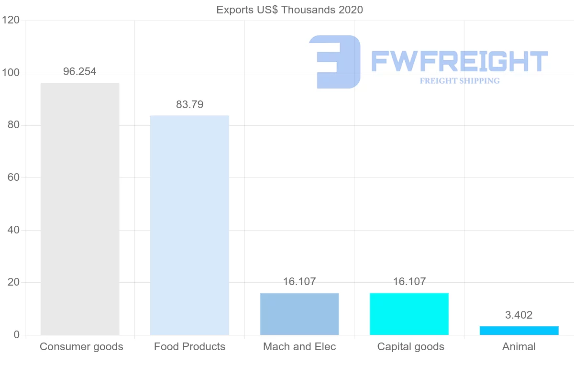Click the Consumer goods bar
tap(80, 209)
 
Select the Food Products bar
tap(189, 225)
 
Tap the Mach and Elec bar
tap(299, 314)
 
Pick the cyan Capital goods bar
tap(409, 314)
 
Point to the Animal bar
tap(519, 331)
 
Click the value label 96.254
tap(80, 72)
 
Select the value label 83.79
tap(189, 104)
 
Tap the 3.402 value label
tap(519, 315)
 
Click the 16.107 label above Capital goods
tap(409, 282)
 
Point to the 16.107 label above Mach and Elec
tap(299, 282)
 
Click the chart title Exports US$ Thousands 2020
tap(290, 10)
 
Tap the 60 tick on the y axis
tap(13, 178)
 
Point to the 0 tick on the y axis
tap(17, 335)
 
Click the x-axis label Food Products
tap(189, 347)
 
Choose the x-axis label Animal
tap(519, 347)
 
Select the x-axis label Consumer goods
tap(81, 347)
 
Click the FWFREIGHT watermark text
tap(459, 61)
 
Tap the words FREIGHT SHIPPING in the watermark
tap(460, 81)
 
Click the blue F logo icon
tap(335, 62)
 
